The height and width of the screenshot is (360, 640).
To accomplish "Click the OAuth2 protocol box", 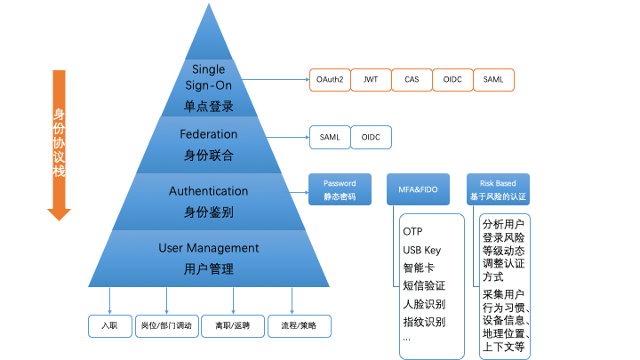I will pos(330,79).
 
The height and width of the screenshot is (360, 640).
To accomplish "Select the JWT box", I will pos(371,79).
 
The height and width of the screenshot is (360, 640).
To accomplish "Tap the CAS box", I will pos(412,79).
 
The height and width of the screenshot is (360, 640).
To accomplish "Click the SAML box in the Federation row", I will pos(330,137).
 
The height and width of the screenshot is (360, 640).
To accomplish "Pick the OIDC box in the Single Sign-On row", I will pos(452,79).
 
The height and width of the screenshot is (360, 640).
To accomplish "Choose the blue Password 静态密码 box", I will pos(340,190).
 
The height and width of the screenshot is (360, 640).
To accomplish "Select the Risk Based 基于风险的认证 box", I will pos(498,190).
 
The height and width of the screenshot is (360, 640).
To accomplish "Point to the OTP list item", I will pos(412,232).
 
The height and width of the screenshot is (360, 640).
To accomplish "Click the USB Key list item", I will pos(421,250).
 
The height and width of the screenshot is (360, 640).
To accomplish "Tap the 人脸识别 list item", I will pos(424,303).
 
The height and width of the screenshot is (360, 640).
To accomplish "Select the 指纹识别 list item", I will pos(424,321).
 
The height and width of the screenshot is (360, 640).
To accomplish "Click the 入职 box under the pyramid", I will pos(109,325).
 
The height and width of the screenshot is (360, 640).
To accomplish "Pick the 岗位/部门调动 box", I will pos(166,325).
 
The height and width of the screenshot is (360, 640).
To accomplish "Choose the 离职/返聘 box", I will pos(233,325).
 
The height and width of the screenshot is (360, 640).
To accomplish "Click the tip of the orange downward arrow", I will pos(60,217).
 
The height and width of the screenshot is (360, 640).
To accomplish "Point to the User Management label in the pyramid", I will pos(209,248).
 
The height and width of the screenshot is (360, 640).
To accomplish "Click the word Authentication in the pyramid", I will pos(209,191).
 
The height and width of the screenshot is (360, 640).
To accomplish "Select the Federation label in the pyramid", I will pos(209,134).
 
